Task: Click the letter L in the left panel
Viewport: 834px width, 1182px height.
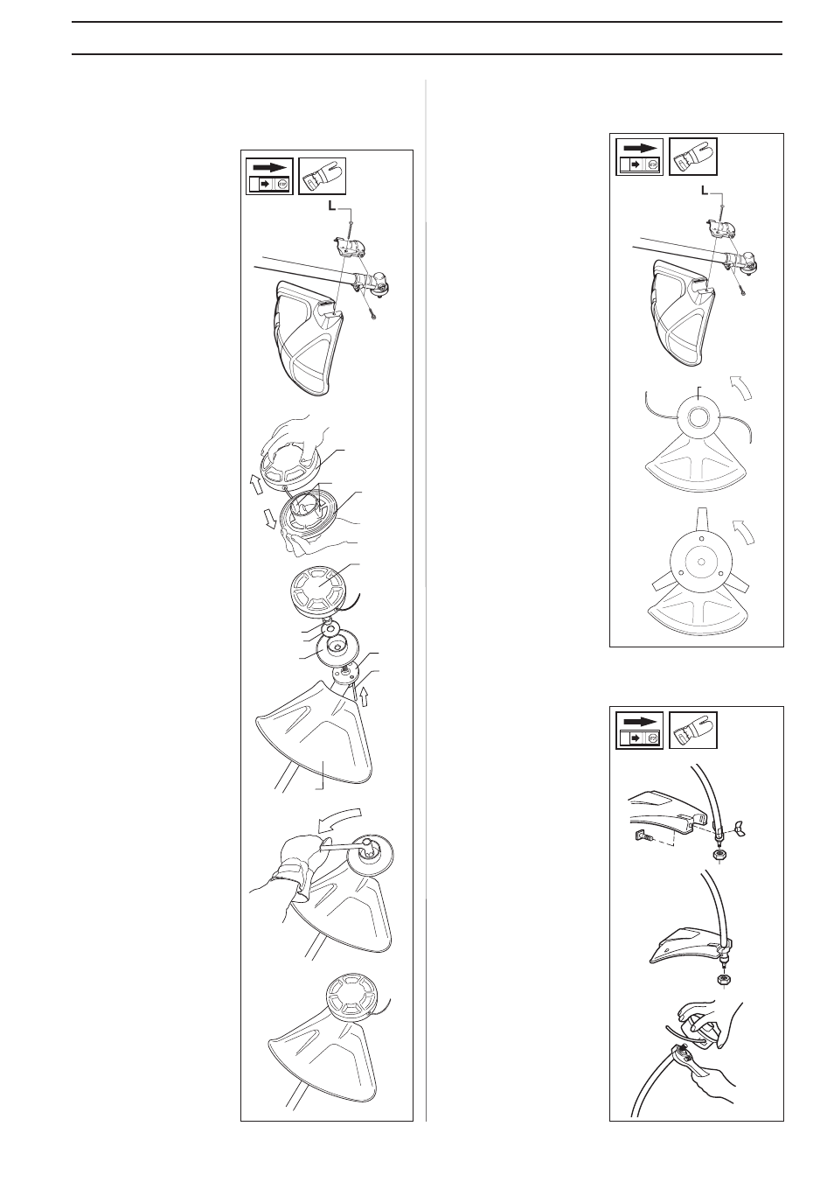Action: (x=331, y=206)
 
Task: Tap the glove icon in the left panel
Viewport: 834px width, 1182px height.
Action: (x=323, y=176)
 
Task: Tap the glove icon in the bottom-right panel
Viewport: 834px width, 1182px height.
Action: (x=692, y=730)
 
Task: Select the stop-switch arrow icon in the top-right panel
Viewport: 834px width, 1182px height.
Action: (x=640, y=157)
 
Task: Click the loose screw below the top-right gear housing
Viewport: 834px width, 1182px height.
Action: (x=741, y=290)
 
